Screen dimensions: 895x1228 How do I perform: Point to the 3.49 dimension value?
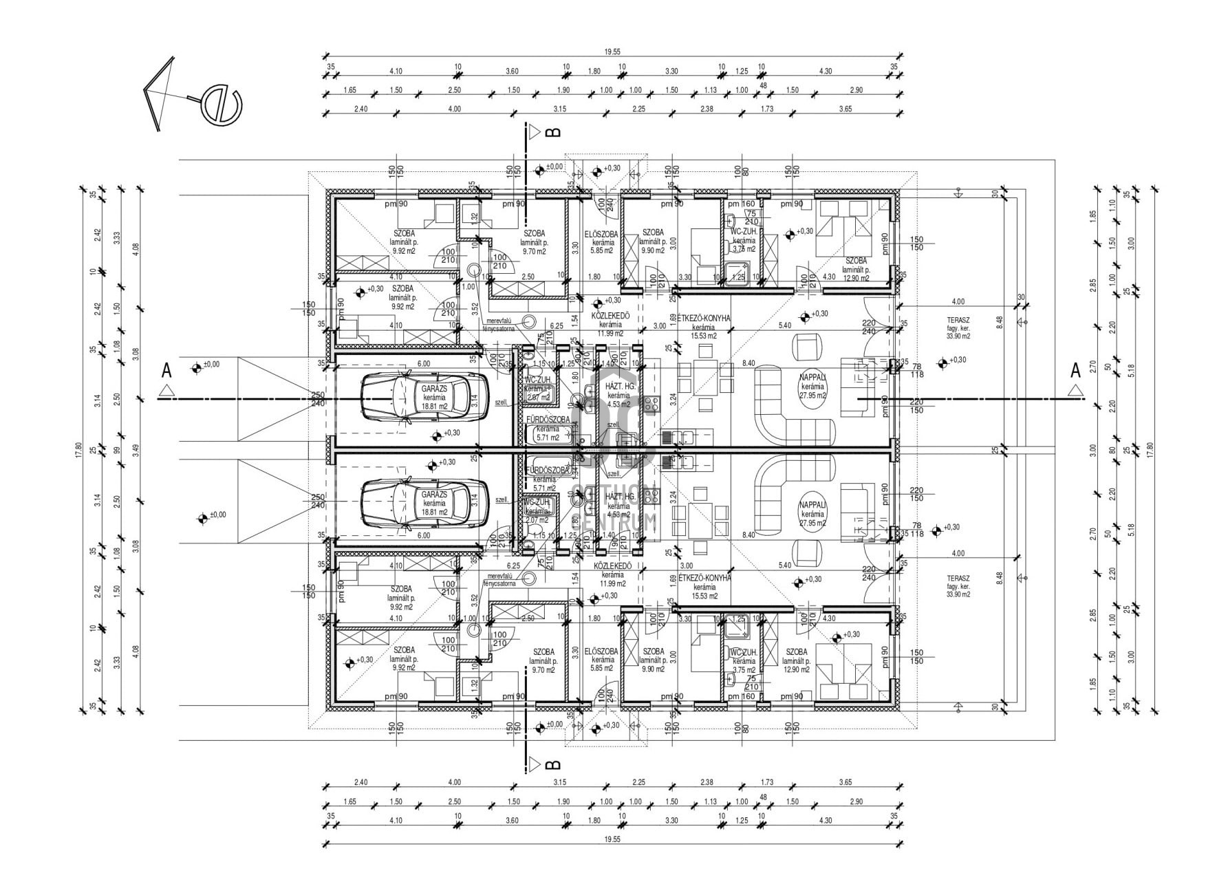click(136, 451)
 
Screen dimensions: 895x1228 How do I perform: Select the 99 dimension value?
click(117, 451)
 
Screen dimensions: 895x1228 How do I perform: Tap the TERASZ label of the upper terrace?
click(958, 320)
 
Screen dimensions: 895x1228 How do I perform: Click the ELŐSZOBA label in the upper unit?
click(602, 234)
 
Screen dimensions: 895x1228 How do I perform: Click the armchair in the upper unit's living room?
click(808, 347)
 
